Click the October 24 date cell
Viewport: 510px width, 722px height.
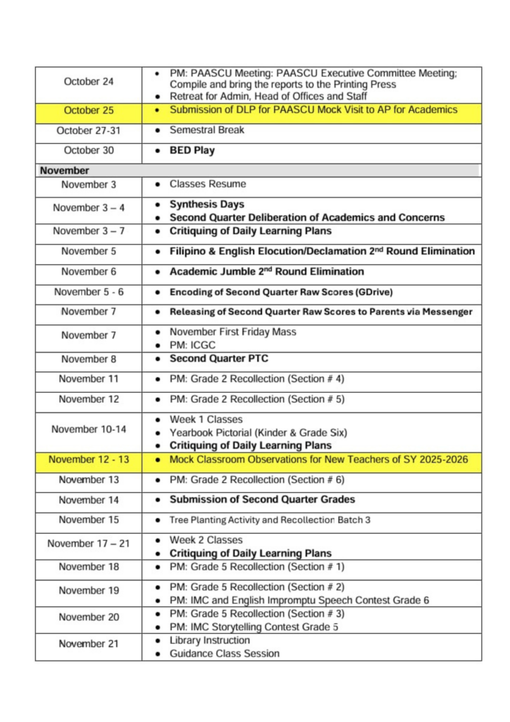88,81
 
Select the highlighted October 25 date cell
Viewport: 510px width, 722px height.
88,110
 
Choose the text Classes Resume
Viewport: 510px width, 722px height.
208,184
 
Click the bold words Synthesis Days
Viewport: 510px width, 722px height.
207,204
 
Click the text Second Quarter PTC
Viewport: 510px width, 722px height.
218,358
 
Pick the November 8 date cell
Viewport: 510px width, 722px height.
88,358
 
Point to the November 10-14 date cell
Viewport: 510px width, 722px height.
88,429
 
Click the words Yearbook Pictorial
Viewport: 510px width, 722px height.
212,432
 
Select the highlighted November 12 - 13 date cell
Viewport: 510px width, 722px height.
88,460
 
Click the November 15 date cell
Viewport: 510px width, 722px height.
88,520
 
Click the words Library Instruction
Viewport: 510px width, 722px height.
209,640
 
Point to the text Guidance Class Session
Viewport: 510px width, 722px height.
224,654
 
